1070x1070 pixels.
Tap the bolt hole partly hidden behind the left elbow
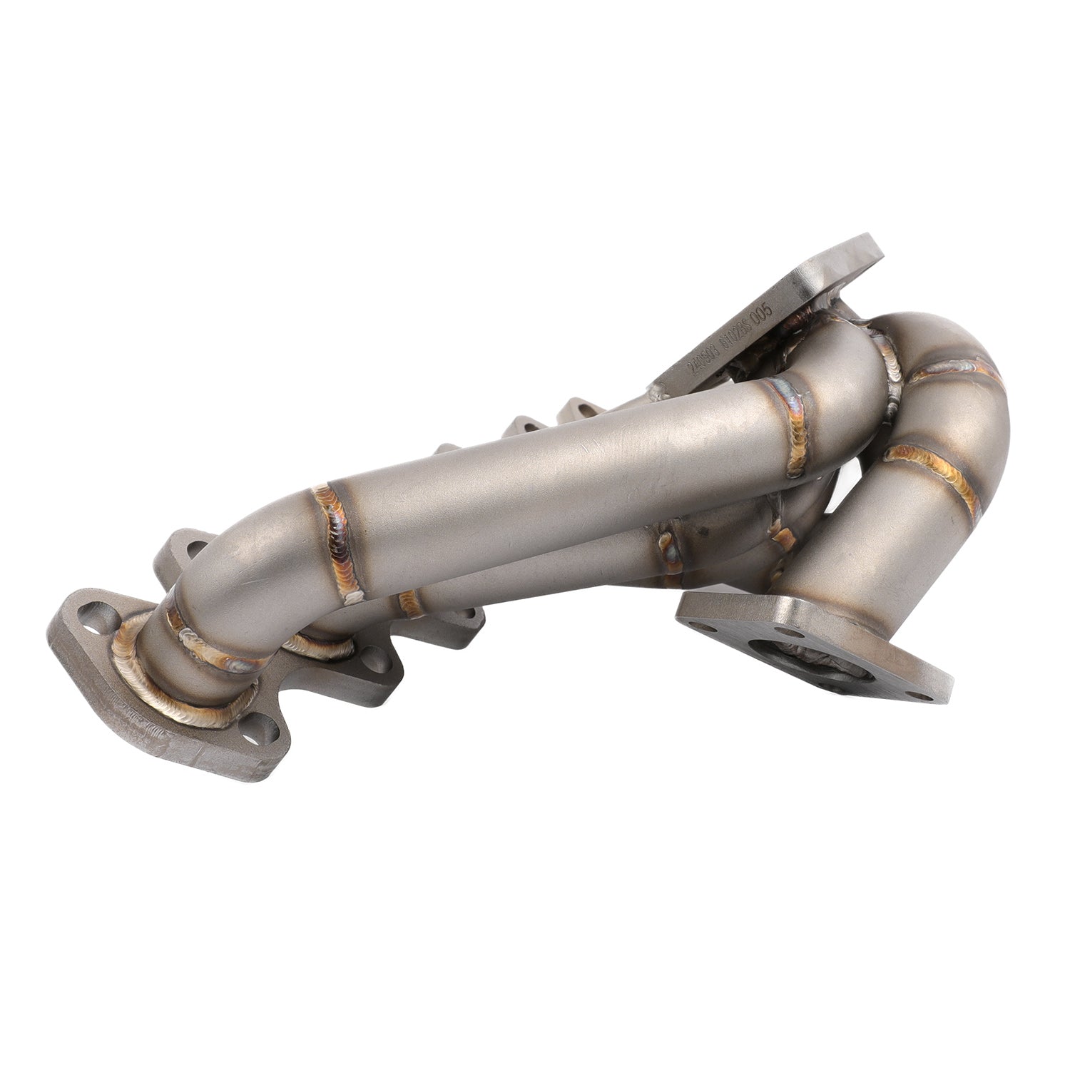tap(190, 551)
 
